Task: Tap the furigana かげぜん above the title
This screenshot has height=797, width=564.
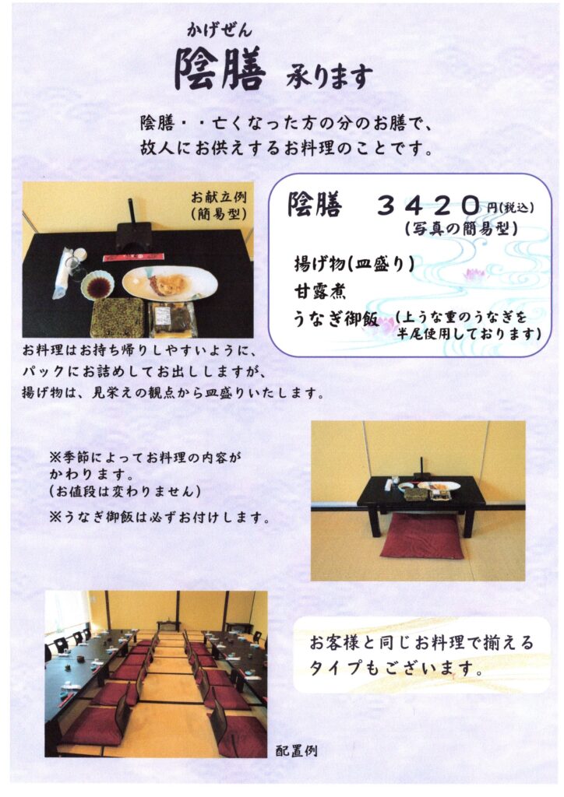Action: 220,31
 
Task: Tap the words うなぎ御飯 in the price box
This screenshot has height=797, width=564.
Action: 336,318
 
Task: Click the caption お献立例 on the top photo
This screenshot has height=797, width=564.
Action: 219,197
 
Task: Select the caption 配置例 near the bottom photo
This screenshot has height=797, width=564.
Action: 297,750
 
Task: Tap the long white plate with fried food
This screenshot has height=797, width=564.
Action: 170,283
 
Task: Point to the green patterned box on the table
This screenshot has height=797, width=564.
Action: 117,317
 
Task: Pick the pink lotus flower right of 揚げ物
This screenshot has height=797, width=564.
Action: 473,275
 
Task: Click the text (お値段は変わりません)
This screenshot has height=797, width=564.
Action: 125,491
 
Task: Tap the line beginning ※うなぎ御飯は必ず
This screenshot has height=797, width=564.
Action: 159,518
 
